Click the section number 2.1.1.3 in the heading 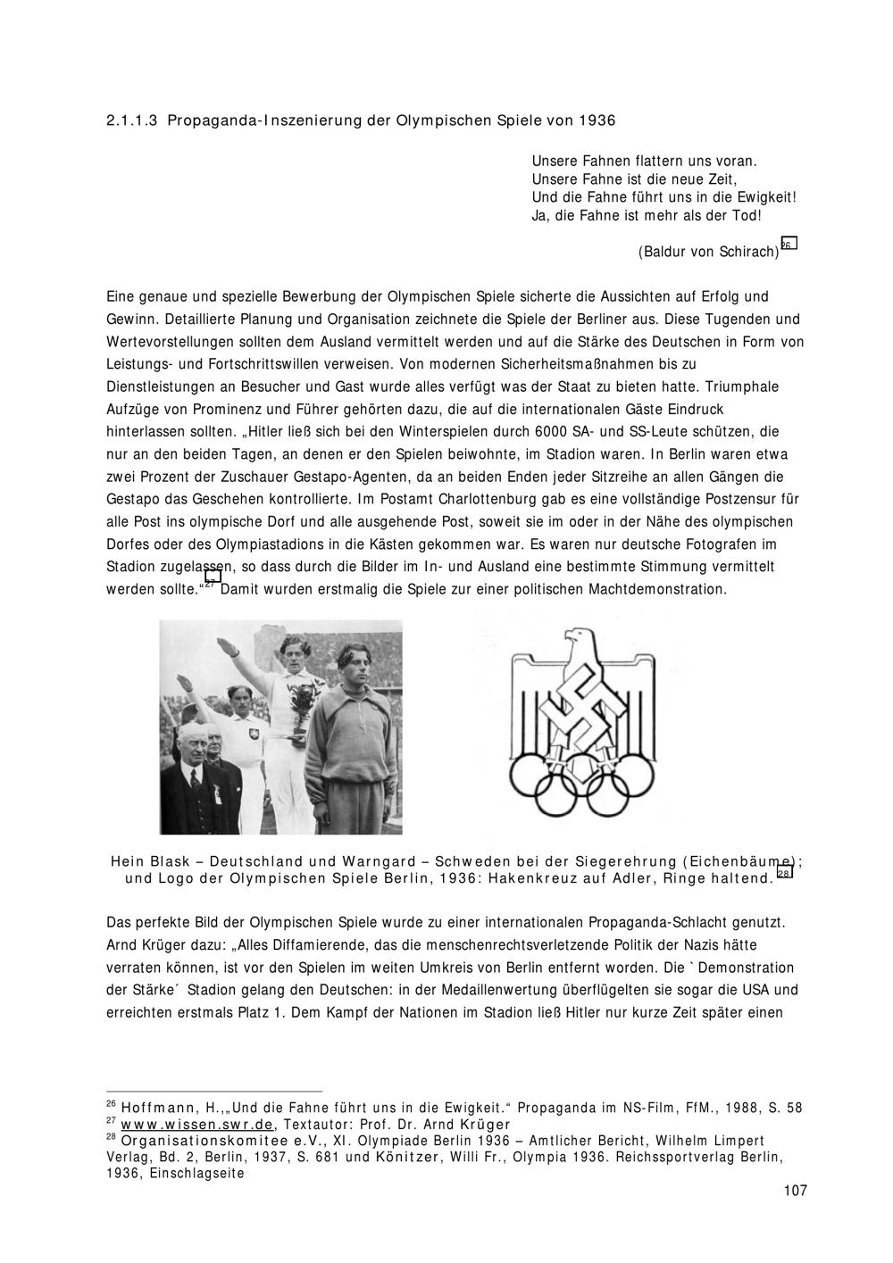pyautogui.click(x=132, y=120)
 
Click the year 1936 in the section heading pyautogui.click(x=597, y=120)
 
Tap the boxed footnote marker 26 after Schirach pyautogui.click(x=788, y=244)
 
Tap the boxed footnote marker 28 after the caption pyautogui.click(x=784, y=872)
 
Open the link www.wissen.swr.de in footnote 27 pyautogui.click(x=198, y=1124)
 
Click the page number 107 pyautogui.click(x=794, y=1190)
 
